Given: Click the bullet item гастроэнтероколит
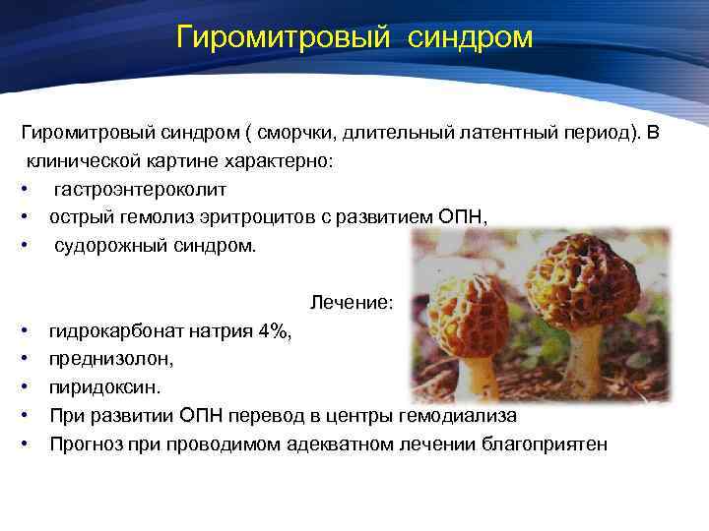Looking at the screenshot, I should coord(141,188).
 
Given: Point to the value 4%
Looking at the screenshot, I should coord(273,332).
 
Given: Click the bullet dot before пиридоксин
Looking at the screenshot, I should coord(22,388).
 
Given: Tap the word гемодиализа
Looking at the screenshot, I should coord(453,416).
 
